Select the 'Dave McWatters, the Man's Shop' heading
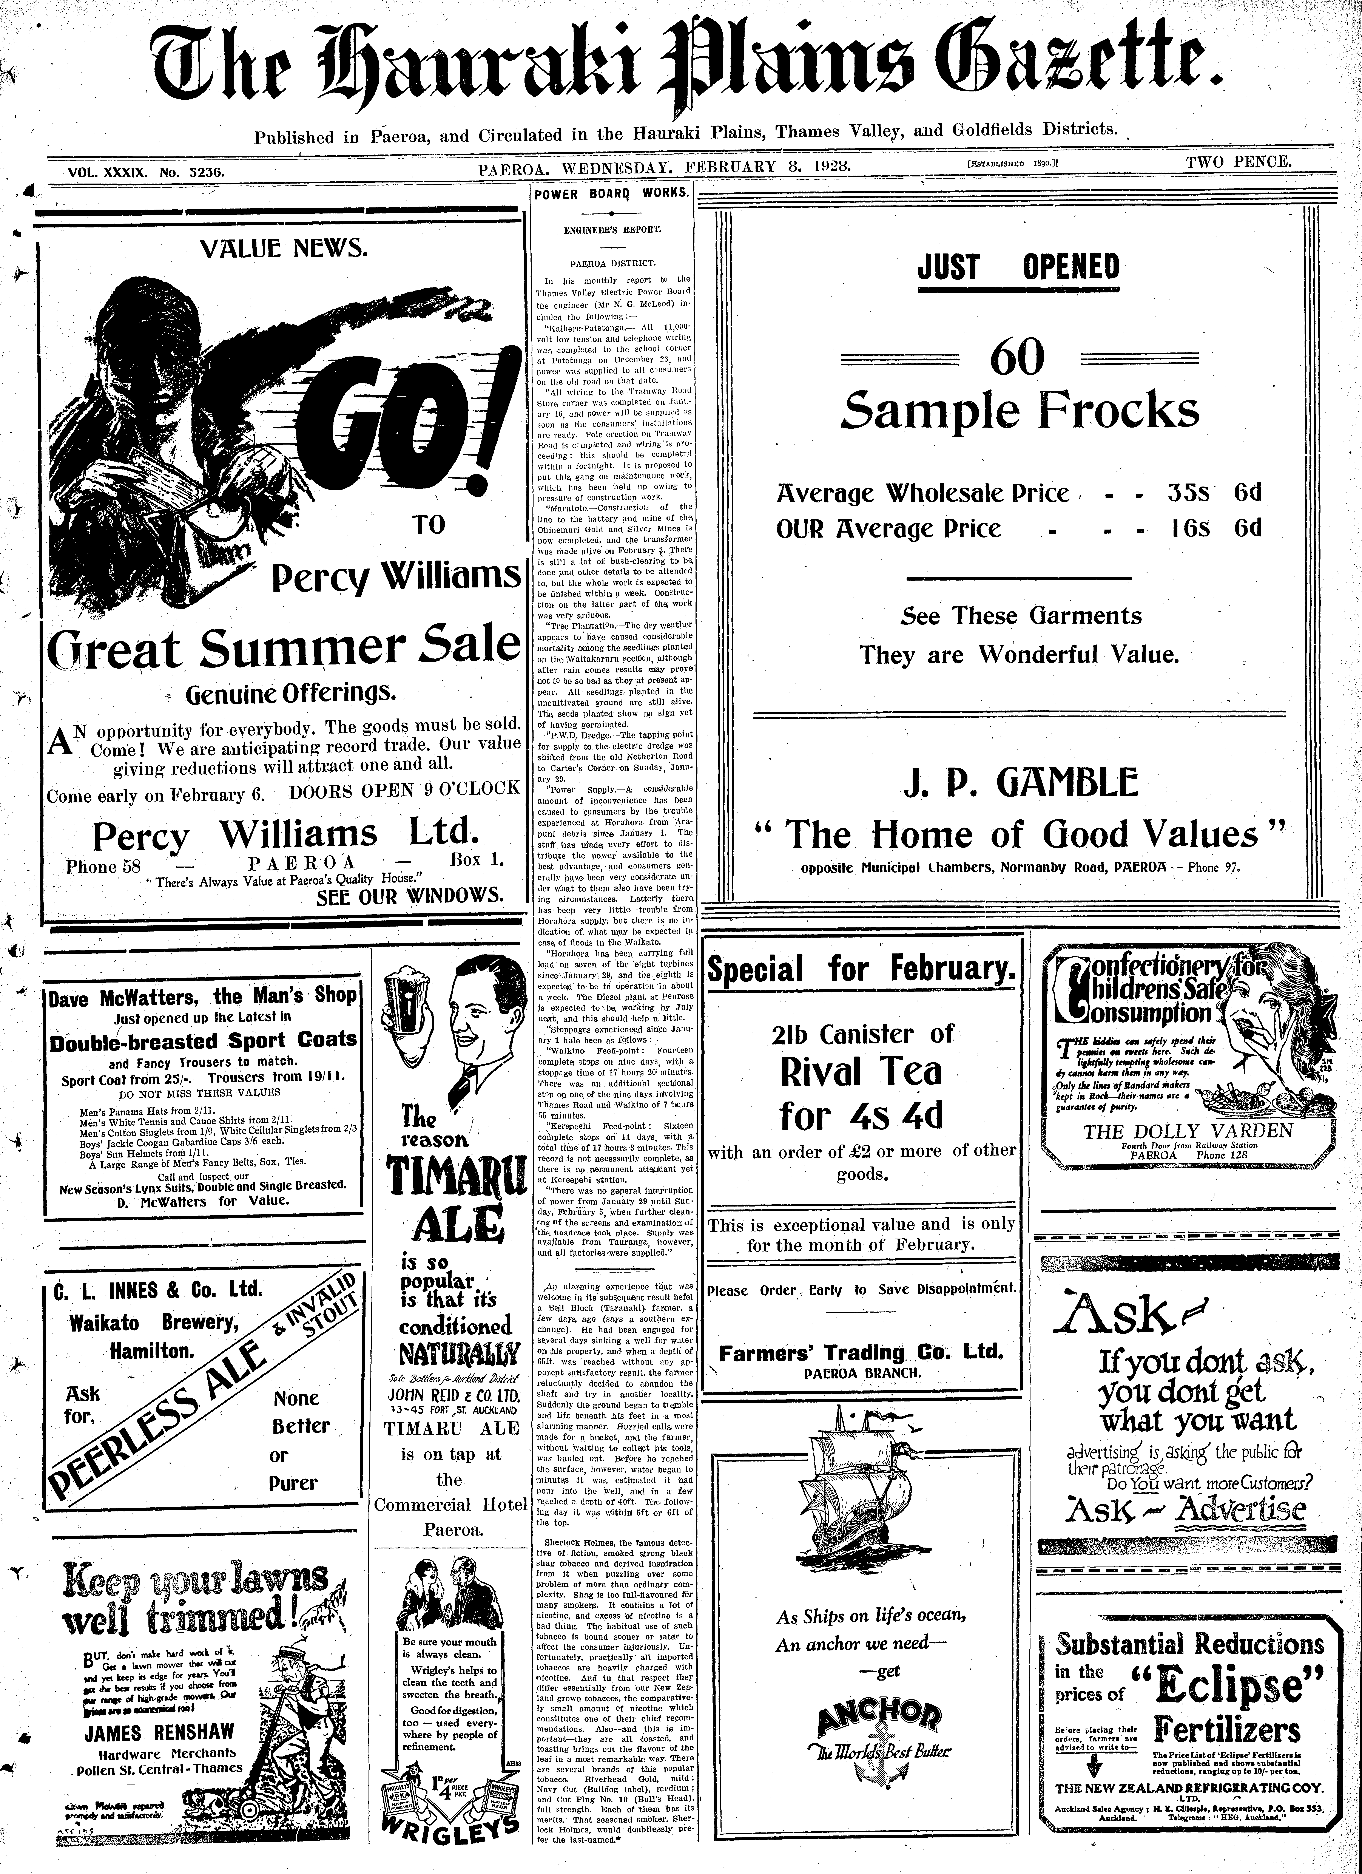click(x=202, y=996)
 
